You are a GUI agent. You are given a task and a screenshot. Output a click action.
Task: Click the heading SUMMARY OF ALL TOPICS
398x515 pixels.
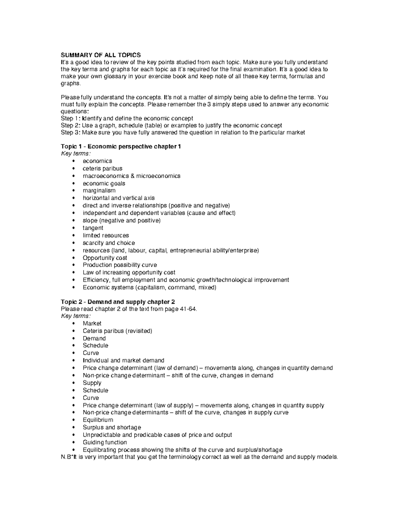[101, 55]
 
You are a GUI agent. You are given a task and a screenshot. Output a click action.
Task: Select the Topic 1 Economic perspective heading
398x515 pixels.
[121, 147]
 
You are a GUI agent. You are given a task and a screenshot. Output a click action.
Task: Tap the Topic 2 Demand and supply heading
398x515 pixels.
[118, 302]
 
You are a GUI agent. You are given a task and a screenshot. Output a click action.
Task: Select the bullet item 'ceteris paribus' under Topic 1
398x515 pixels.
[102, 168]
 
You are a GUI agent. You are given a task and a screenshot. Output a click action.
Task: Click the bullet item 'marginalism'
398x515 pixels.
[99, 191]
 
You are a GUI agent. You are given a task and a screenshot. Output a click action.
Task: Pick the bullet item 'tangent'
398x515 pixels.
[93, 228]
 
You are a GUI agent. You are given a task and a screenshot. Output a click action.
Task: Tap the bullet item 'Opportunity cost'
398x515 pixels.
[105, 258]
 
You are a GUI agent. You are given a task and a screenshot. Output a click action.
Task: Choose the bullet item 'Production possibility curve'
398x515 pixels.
[120, 265]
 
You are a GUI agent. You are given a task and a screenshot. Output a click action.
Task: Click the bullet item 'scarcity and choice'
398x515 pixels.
[109, 243]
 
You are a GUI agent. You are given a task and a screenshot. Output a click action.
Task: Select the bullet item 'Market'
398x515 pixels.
[92, 323]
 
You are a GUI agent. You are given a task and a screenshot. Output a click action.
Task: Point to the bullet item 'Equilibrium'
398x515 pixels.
[98, 420]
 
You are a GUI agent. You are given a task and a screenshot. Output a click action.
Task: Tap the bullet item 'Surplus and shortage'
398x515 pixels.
[112, 427]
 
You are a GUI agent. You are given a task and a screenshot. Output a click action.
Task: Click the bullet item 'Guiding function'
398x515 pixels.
[105, 442]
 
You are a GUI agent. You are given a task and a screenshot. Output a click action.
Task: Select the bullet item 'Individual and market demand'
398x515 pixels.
[123, 360]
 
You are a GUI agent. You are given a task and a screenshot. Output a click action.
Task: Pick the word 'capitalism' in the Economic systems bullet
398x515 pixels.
[151, 288]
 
